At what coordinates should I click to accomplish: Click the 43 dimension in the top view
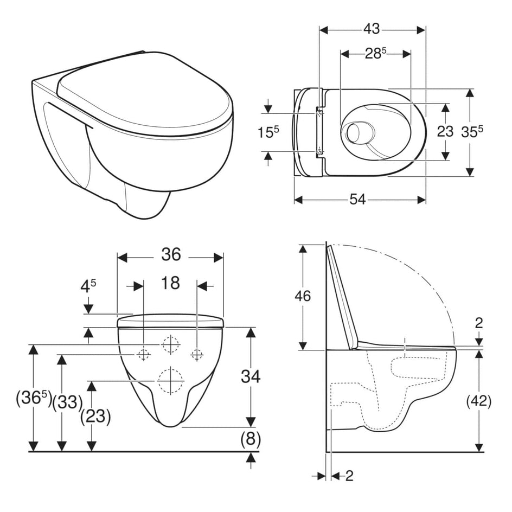tap(372, 29)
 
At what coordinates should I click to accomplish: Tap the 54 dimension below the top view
tap(357, 200)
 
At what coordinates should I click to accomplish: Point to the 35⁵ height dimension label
tap(472, 132)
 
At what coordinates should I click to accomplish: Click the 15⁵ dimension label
tap(269, 132)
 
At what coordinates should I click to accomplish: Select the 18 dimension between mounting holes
tap(170, 283)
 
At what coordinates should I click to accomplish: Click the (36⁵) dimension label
tap(34, 400)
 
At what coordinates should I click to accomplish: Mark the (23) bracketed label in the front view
tap(95, 417)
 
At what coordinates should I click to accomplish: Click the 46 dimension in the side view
tap(303, 296)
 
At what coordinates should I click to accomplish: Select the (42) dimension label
tap(478, 401)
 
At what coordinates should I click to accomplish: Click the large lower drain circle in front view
tap(170, 380)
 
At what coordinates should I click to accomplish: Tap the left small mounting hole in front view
tap(143, 354)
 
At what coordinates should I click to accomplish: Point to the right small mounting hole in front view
tap(197, 354)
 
